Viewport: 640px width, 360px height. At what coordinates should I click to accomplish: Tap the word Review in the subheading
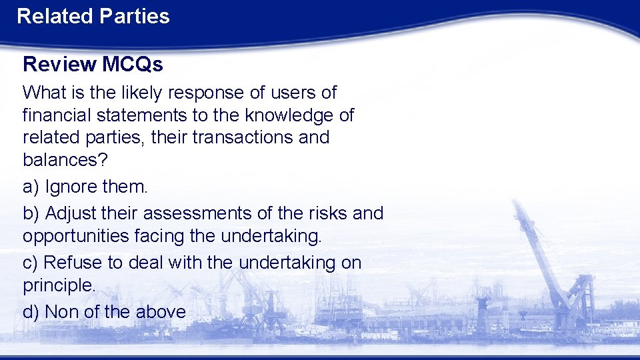pos(59,64)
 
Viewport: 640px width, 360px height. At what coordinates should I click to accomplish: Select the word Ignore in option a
pos(71,187)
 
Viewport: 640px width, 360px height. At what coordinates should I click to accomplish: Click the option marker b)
pos(31,213)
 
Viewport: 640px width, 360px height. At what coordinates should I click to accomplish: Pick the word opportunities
pos(73,236)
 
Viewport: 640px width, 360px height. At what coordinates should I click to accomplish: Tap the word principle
pos(59,285)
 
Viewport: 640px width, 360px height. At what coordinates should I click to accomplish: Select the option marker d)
pos(31,311)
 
